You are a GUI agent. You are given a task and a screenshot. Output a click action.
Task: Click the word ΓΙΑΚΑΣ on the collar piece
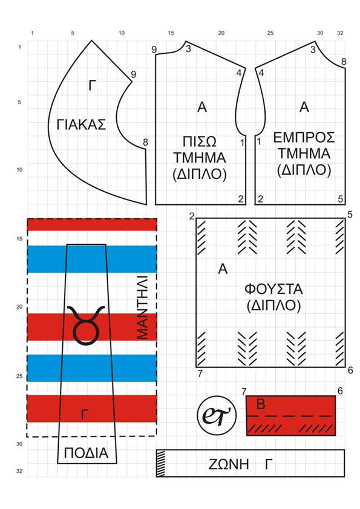(82, 125)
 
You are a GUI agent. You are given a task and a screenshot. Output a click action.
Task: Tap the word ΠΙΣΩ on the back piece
(200, 142)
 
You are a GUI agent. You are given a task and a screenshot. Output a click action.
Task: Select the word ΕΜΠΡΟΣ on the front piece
(304, 138)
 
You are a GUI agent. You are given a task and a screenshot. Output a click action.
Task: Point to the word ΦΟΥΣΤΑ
(273, 289)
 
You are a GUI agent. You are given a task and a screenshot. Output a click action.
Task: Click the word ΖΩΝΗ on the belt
(229, 464)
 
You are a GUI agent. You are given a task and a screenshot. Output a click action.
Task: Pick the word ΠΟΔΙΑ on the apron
(86, 453)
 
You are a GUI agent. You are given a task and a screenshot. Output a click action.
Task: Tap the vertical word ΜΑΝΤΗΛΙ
(142, 308)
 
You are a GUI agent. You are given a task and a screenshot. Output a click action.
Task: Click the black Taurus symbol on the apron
(86, 325)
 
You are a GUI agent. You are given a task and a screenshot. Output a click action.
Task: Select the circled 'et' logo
(217, 415)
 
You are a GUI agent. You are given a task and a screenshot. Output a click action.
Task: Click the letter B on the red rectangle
(261, 404)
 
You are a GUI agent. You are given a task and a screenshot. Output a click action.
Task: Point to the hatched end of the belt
(161, 463)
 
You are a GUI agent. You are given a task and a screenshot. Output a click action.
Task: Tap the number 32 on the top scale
(340, 33)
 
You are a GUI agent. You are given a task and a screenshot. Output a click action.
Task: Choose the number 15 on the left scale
(19, 239)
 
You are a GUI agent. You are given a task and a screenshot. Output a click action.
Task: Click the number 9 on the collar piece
(133, 74)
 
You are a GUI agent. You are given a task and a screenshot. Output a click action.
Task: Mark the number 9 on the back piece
(154, 50)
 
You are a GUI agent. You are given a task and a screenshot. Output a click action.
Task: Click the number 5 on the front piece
(340, 199)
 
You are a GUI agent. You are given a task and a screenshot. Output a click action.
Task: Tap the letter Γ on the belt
(268, 464)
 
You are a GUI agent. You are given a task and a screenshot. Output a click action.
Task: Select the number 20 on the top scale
(221, 33)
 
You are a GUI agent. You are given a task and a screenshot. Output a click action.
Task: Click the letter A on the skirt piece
(223, 269)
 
